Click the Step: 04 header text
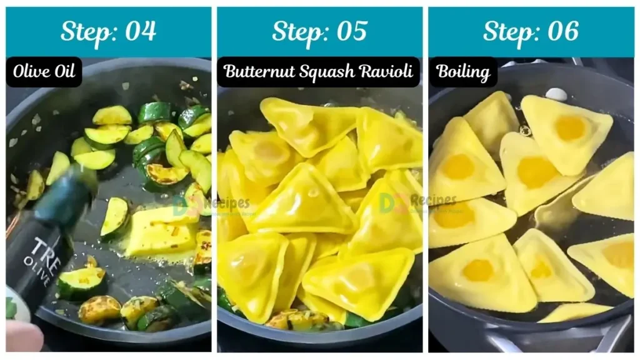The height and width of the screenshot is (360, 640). pos(108,31)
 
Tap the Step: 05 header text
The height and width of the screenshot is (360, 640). pos(319,31)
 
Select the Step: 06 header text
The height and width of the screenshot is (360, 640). pos(531,31)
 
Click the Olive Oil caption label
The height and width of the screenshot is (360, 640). pos(44,71)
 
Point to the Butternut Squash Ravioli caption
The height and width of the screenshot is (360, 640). pos(318,71)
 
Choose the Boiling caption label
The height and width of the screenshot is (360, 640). pos(462,71)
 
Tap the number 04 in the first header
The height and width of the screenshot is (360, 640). pos(140,31)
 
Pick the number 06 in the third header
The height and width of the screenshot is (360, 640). pos(562,31)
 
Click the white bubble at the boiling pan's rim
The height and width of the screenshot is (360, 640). pos(556,94)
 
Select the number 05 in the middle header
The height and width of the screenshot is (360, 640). pos(351,31)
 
